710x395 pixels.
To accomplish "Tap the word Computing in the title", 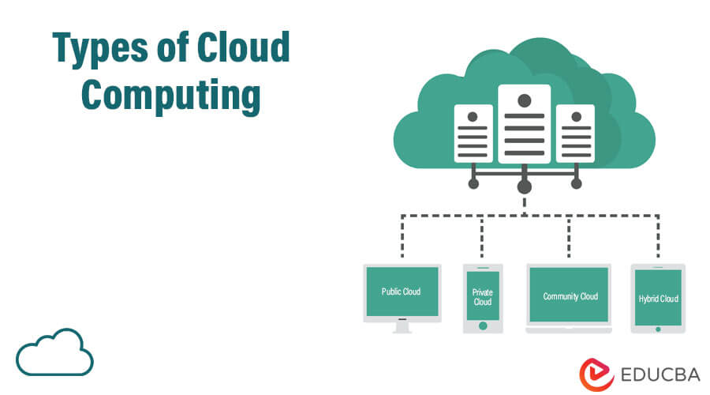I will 170,96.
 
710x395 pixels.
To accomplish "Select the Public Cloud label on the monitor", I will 401,292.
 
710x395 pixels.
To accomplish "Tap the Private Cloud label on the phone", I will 482,296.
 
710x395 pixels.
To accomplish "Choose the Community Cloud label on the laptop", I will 570,296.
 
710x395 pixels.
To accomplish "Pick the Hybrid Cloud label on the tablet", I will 658,299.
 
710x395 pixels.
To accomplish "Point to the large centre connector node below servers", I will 524,187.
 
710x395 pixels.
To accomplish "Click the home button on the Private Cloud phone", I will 482,324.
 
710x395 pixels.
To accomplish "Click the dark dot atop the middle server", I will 524,100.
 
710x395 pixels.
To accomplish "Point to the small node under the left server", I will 473,183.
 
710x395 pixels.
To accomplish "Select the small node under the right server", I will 576,183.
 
